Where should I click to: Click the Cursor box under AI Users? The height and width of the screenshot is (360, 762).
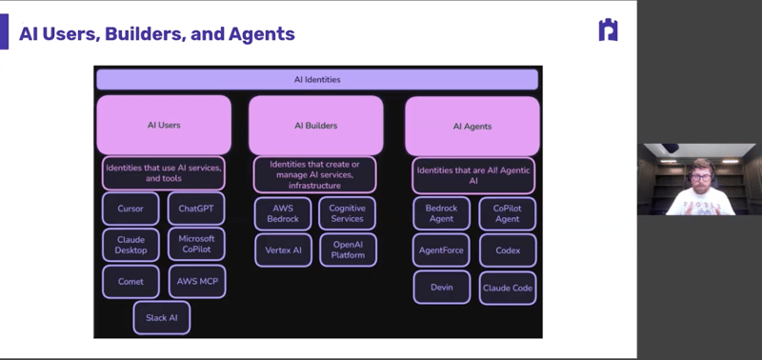point(130,209)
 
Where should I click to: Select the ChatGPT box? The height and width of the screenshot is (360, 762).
point(196,209)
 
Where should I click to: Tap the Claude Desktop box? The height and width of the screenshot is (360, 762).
point(130,245)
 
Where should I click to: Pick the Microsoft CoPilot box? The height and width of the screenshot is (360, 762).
point(196,245)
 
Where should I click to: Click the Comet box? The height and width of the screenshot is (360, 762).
point(130,281)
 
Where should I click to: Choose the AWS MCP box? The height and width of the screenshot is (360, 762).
point(196,281)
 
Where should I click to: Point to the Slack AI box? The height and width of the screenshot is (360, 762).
point(161,317)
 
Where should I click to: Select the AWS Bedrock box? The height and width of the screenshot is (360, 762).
point(282,213)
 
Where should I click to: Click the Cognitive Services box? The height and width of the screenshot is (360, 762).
point(348,213)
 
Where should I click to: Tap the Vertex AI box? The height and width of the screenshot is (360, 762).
point(282,250)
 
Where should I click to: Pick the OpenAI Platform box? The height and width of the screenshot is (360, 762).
point(348,250)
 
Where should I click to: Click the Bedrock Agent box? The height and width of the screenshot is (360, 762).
point(441,213)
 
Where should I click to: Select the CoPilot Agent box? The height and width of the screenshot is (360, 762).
point(507,213)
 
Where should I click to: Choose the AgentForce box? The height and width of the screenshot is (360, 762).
point(441,250)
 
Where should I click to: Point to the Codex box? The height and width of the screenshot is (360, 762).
point(507,250)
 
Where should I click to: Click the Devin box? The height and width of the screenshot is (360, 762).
point(441,287)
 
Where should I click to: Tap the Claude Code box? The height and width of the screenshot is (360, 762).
point(507,287)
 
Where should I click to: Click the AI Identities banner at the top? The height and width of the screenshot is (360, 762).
point(317,79)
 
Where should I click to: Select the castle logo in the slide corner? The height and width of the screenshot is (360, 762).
point(607,30)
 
